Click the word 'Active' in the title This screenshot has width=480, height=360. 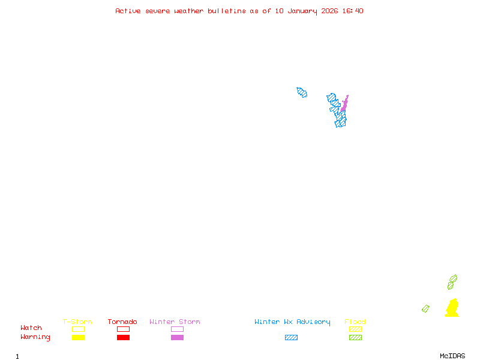tap(128, 11)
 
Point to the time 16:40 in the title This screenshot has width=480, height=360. tap(353, 11)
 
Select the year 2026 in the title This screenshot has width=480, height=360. tap(329, 11)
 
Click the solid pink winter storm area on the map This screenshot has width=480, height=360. tap(344, 104)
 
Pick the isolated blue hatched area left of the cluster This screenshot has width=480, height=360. tap(302, 92)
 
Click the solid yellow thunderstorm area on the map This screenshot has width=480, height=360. tap(452, 308)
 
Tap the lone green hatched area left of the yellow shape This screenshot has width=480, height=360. tap(425, 308)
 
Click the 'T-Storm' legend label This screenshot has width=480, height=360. tap(77, 322)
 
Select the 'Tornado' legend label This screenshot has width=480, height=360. tap(122, 322)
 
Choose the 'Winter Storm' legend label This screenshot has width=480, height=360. tap(175, 322)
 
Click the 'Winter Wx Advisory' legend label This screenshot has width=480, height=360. tap(292, 322)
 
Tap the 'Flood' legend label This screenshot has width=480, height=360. tap(355, 322)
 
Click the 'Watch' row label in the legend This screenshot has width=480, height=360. tap(31, 328)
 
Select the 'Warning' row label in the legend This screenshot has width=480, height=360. tap(35, 337)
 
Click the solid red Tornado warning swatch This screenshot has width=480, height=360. tap(123, 337)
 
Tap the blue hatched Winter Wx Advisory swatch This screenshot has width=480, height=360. tap(291, 337)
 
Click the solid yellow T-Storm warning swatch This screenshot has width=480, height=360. tap(78, 337)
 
